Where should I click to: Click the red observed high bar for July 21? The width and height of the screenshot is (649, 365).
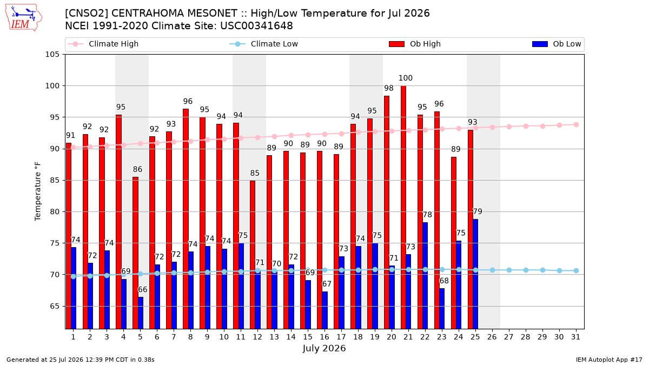pos(403,207)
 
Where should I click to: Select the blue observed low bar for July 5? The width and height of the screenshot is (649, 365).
pos(141,313)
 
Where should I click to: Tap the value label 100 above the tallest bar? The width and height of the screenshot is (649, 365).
pos(405,78)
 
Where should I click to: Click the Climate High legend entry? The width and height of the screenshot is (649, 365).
pos(103,44)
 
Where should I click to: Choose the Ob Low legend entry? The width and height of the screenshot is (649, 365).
pos(557,44)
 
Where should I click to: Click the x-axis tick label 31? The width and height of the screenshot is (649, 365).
pos(575,337)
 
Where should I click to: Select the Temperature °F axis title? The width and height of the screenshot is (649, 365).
pos(38,191)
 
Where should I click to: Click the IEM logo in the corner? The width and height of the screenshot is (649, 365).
pos(24,17)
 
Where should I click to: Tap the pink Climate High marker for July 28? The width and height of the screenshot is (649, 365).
pos(526,127)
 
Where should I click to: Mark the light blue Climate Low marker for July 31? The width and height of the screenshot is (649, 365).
pos(576,270)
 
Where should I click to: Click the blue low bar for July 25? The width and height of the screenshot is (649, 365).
pos(475,274)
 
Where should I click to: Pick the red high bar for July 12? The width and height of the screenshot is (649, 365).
pos(253,255)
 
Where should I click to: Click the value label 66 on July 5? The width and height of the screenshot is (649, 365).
pos(142,289)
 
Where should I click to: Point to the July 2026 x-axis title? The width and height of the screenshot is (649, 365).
pos(324,348)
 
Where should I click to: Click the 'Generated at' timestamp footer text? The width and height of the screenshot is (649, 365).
pos(80,360)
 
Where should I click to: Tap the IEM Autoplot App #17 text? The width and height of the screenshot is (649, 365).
pos(609,360)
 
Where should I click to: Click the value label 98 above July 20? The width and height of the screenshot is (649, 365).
pos(389,88)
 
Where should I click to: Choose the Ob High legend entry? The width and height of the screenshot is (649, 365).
pos(415,44)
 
